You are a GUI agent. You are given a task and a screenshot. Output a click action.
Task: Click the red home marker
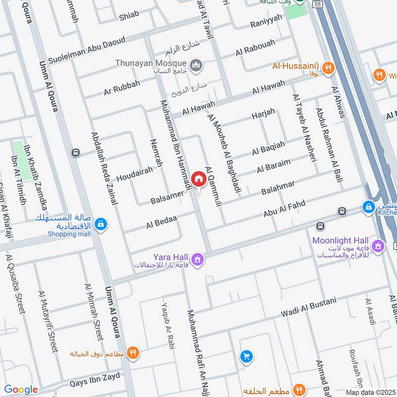pyautogui.click(x=198, y=178)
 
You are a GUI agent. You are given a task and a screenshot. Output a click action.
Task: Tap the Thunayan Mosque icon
pyautogui.click(x=197, y=64)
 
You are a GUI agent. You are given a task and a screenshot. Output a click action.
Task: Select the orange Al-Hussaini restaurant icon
pyautogui.click(x=328, y=68)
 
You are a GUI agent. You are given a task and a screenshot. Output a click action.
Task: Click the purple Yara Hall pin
pyautogui.click(x=198, y=259)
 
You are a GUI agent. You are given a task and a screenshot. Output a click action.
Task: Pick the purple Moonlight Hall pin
pyautogui.click(x=379, y=245)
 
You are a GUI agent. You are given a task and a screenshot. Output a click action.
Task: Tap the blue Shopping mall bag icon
pyautogui.click(x=101, y=225)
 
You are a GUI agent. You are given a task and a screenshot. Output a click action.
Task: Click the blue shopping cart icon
pyautogui.click(x=246, y=356)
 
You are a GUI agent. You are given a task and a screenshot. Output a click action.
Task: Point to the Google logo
pyautogui.click(x=21, y=390)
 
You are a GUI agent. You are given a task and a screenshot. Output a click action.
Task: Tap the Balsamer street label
pyautogui.click(x=167, y=197)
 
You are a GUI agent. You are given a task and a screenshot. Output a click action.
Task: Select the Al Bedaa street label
pyautogui.click(x=161, y=222)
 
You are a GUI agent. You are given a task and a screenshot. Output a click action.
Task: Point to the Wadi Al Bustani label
pyautogui.click(x=308, y=307)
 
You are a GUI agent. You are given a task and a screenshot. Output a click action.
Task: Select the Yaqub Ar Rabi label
pyautogui.click(x=168, y=325)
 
